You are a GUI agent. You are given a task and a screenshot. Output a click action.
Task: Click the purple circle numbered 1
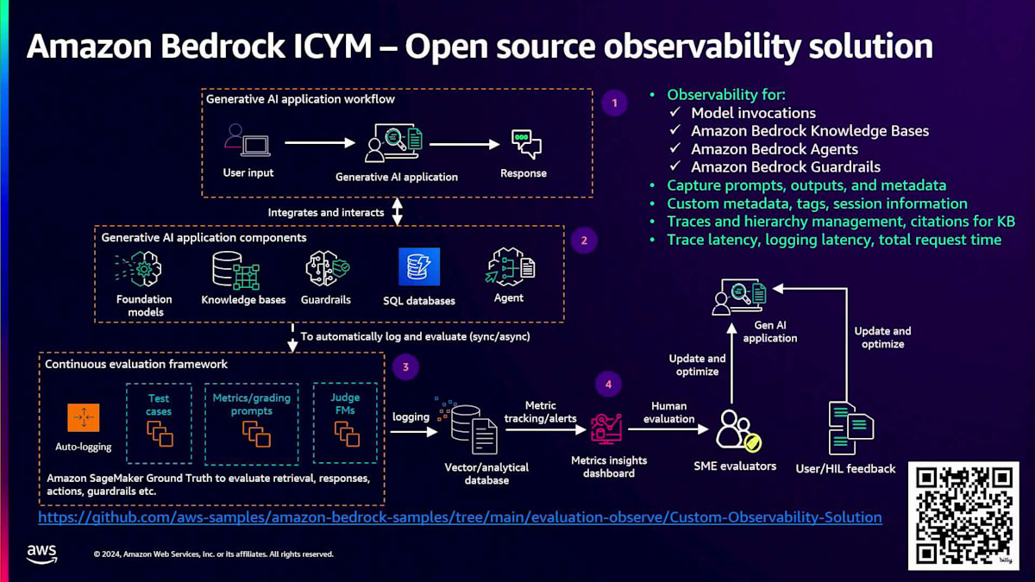click(614, 103)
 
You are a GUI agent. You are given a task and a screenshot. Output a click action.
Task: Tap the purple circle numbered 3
click(405, 367)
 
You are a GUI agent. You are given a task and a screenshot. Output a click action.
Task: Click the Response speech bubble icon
click(524, 143)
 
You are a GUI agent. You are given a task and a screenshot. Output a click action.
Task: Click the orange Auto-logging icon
click(84, 418)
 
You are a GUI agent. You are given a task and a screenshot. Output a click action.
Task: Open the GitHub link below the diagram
click(460, 517)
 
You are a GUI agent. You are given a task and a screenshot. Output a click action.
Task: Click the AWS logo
click(41, 554)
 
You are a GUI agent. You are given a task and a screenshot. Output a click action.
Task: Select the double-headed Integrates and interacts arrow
click(398, 212)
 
